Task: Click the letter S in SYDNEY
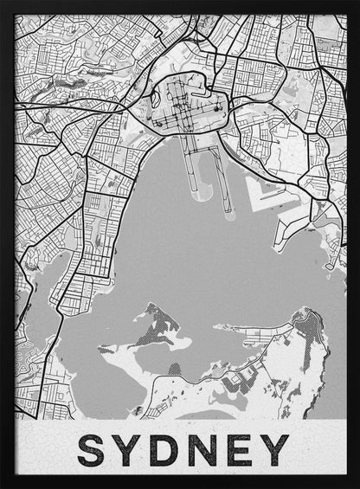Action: (93, 449)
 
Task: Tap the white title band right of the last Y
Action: (320, 449)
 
